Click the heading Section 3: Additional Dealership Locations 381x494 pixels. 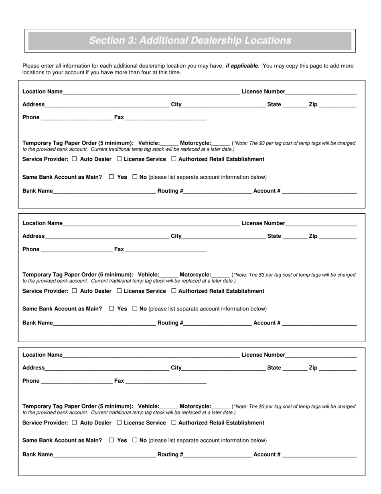click(190, 41)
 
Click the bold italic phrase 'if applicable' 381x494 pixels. click(242, 66)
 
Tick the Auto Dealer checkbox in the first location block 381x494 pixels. click(74, 159)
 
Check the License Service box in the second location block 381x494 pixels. click(119, 291)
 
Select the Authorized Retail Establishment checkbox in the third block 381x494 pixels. click(174, 423)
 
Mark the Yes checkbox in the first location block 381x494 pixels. click(111, 177)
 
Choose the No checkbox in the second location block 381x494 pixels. click(135, 308)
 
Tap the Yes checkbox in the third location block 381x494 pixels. click(111, 440)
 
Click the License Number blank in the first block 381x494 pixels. click(321, 92)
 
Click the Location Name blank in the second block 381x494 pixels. click(151, 224)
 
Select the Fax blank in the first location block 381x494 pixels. click(166, 118)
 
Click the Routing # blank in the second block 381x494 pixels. click(217, 323)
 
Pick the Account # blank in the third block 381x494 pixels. click(319, 455)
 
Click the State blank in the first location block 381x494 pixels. click(295, 105)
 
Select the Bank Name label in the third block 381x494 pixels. click(38, 454)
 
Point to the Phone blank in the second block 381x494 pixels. click(77, 249)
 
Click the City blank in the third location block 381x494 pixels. click(223, 368)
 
